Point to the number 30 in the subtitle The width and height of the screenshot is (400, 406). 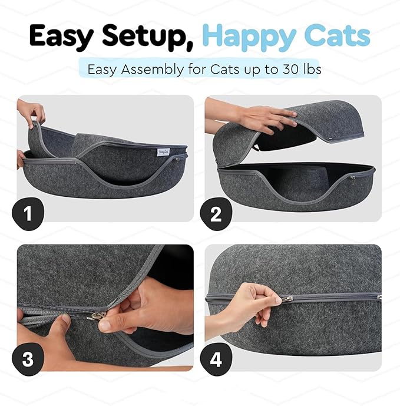[282, 69]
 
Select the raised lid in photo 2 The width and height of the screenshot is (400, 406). [318, 127]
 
